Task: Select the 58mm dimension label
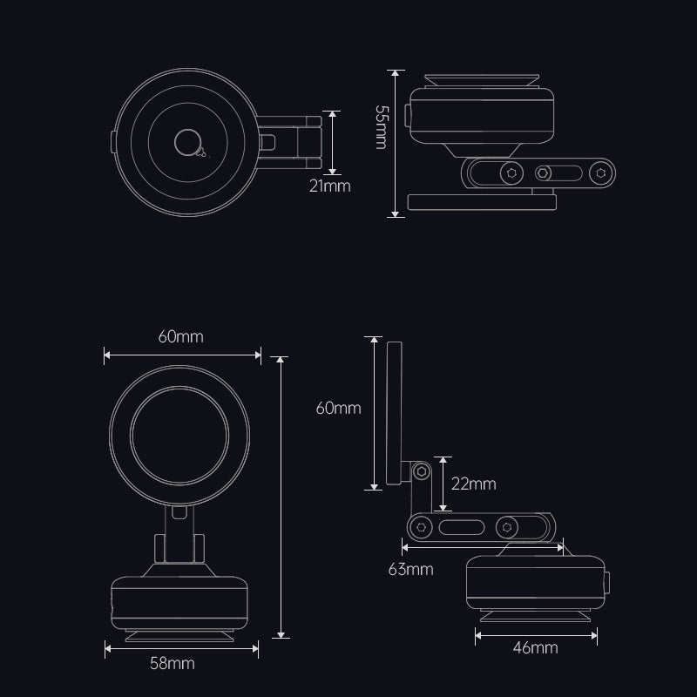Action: pyautogui.click(x=173, y=664)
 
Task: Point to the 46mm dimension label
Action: pyautogui.click(x=536, y=648)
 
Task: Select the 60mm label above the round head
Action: pyautogui.click(x=182, y=337)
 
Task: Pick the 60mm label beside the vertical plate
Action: pyautogui.click(x=338, y=408)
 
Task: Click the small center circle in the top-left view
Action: pyautogui.click(x=186, y=141)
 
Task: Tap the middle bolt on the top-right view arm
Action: pyautogui.click(x=543, y=173)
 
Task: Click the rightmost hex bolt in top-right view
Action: pyautogui.click(x=599, y=173)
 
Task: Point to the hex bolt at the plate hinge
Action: pyautogui.click(x=421, y=471)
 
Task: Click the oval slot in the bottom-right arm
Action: pyautogui.click(x=462, y=528)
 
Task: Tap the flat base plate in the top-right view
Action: pyautogui.click(x=483, y=203)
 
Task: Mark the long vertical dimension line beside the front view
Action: pyautogui.click(x=281, y=497)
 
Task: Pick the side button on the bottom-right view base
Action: pyautogui.click(x=606, y=583)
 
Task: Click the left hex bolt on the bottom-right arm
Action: pyautogui.click(x=421, y=528)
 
